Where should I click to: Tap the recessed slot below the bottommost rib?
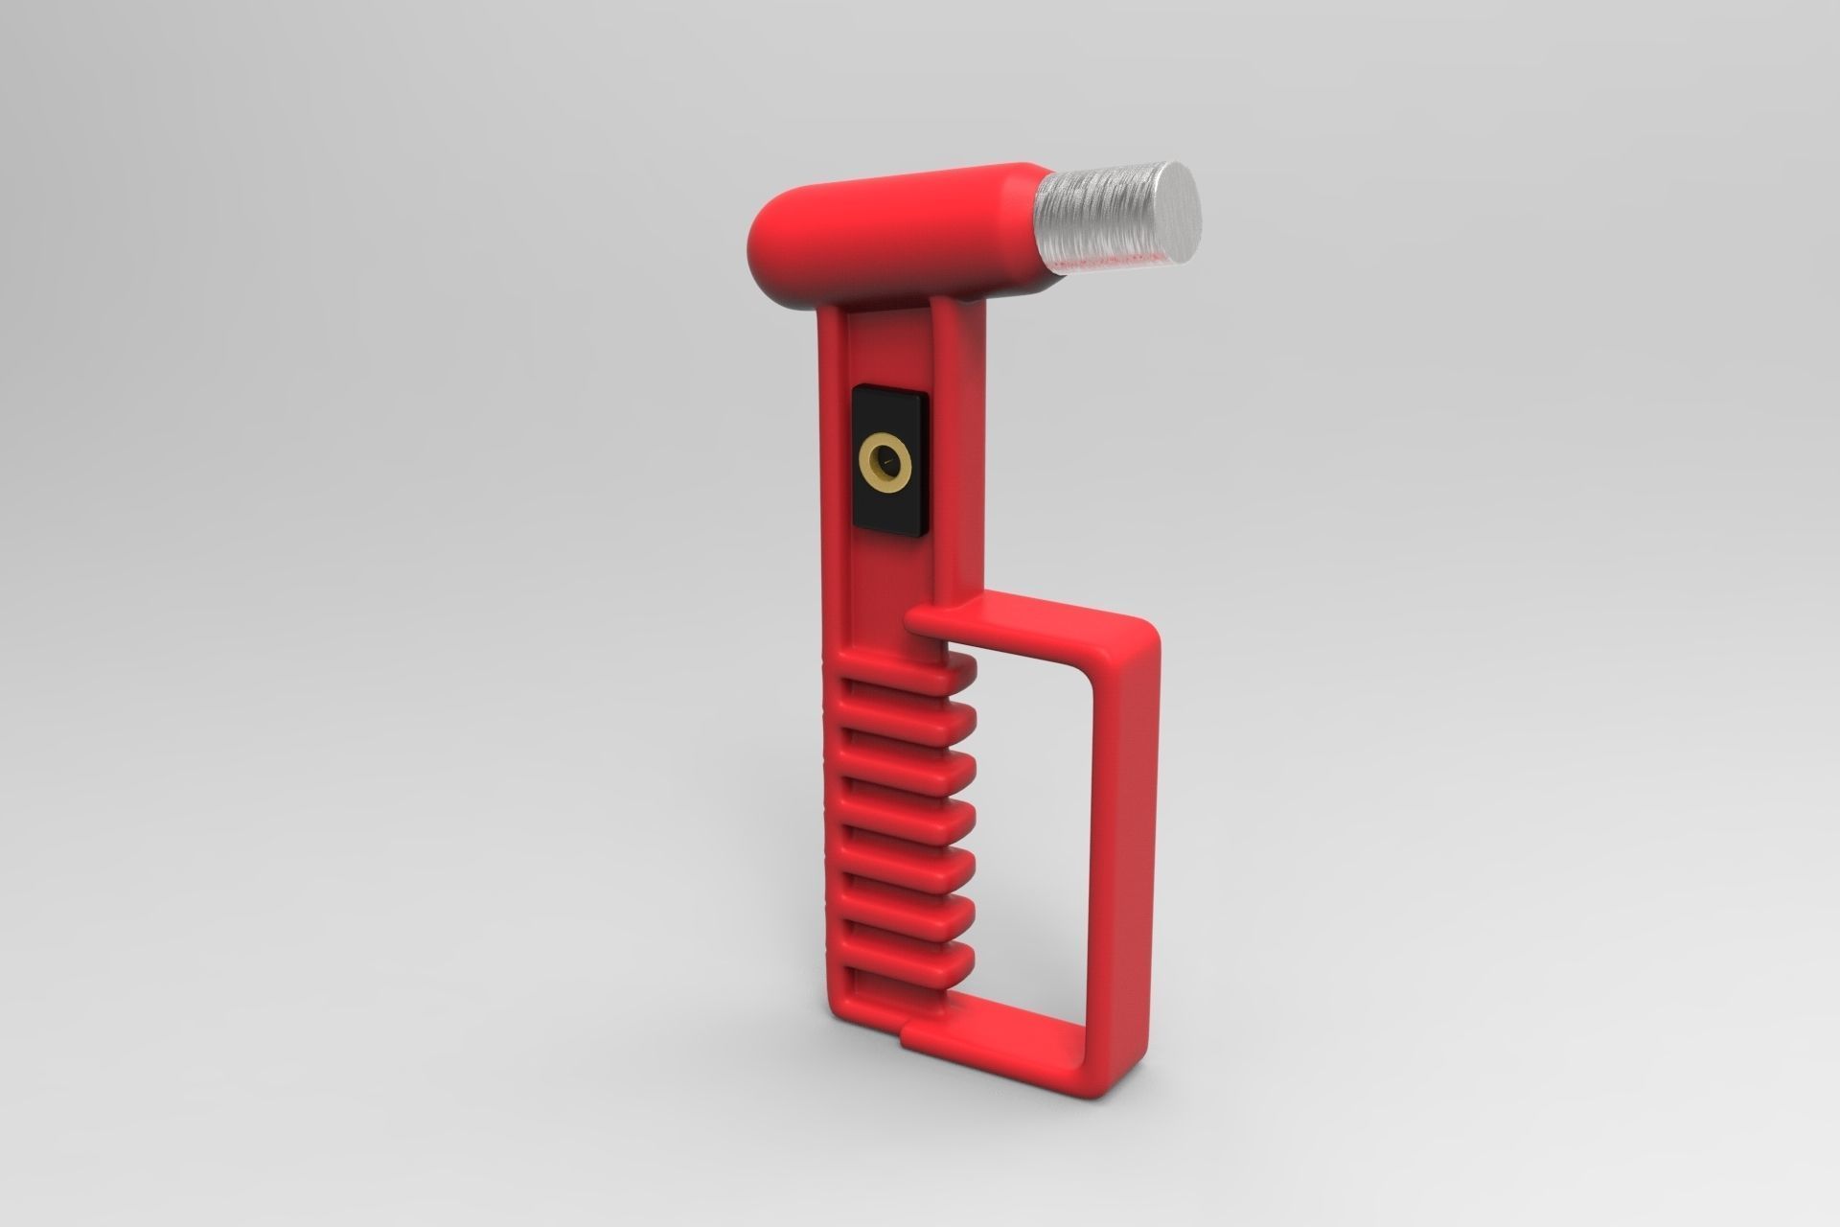point(882,987)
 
